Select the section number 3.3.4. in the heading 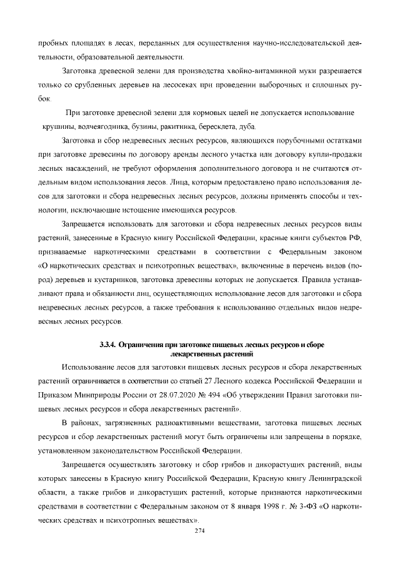coord(109,345)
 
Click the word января coord(242,507)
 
